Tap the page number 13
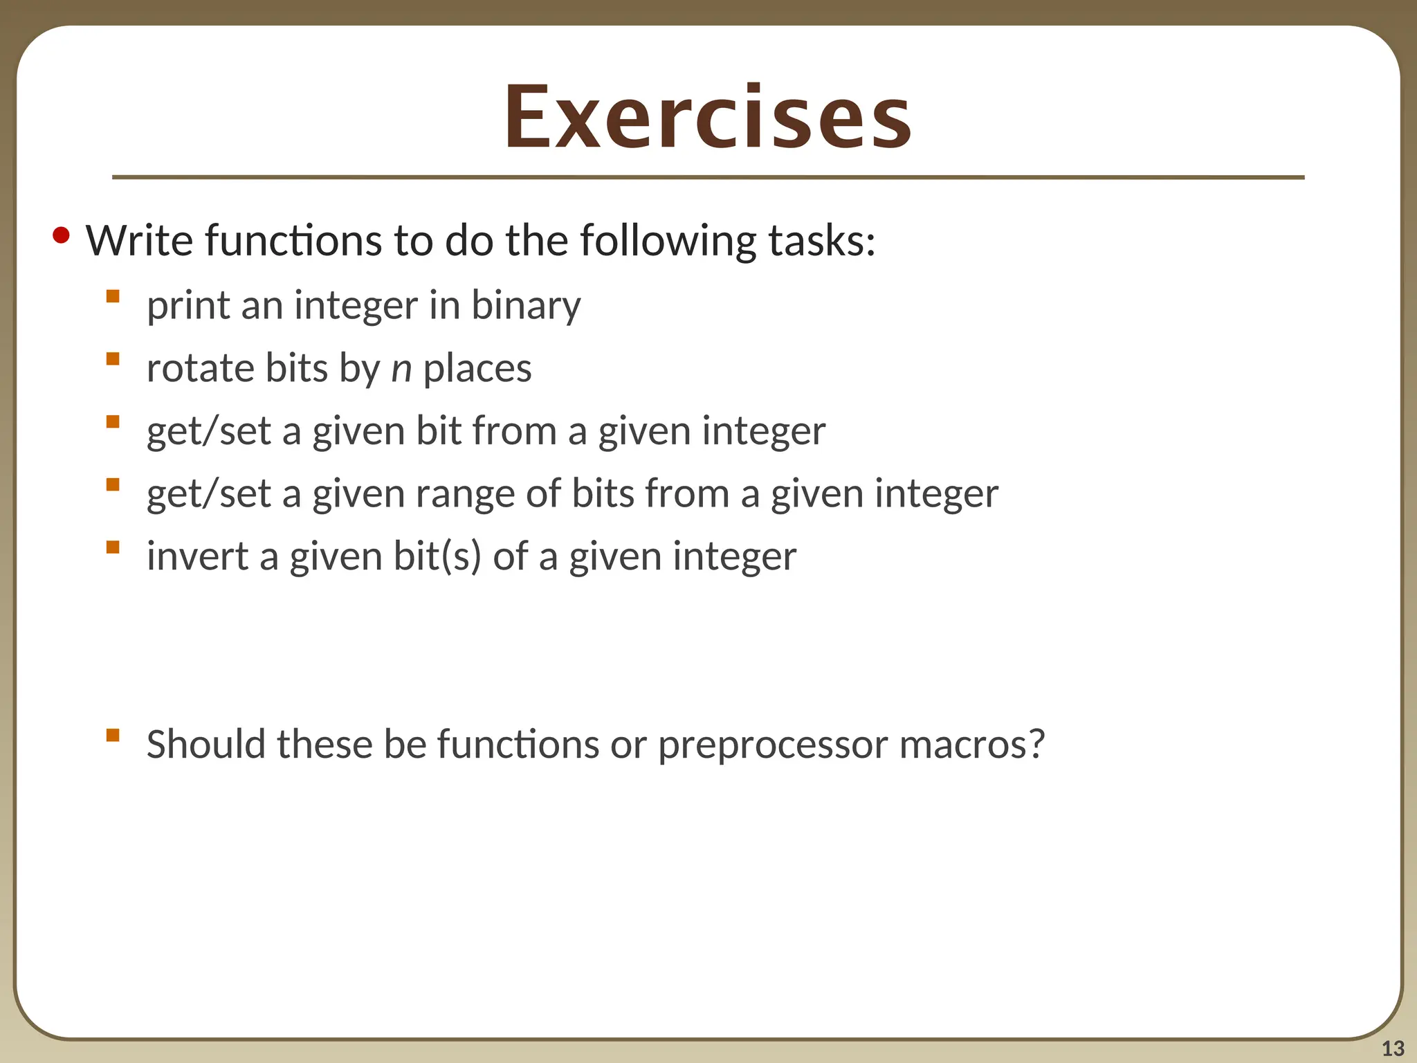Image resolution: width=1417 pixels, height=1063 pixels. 1393,1048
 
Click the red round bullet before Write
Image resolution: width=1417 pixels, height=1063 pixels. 61,237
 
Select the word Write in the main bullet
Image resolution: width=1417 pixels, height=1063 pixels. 139,241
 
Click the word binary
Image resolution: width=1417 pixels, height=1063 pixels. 526,306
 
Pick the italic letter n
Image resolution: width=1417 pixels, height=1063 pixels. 401,369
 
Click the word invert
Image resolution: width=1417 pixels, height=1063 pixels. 197,556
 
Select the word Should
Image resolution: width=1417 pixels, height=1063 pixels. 206,745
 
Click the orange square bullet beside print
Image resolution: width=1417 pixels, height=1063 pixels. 113,297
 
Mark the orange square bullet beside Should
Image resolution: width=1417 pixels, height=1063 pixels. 113,735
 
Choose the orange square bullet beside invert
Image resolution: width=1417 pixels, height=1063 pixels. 113,547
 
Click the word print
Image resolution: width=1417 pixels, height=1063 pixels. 188,307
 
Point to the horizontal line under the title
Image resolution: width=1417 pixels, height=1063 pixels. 708,178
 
